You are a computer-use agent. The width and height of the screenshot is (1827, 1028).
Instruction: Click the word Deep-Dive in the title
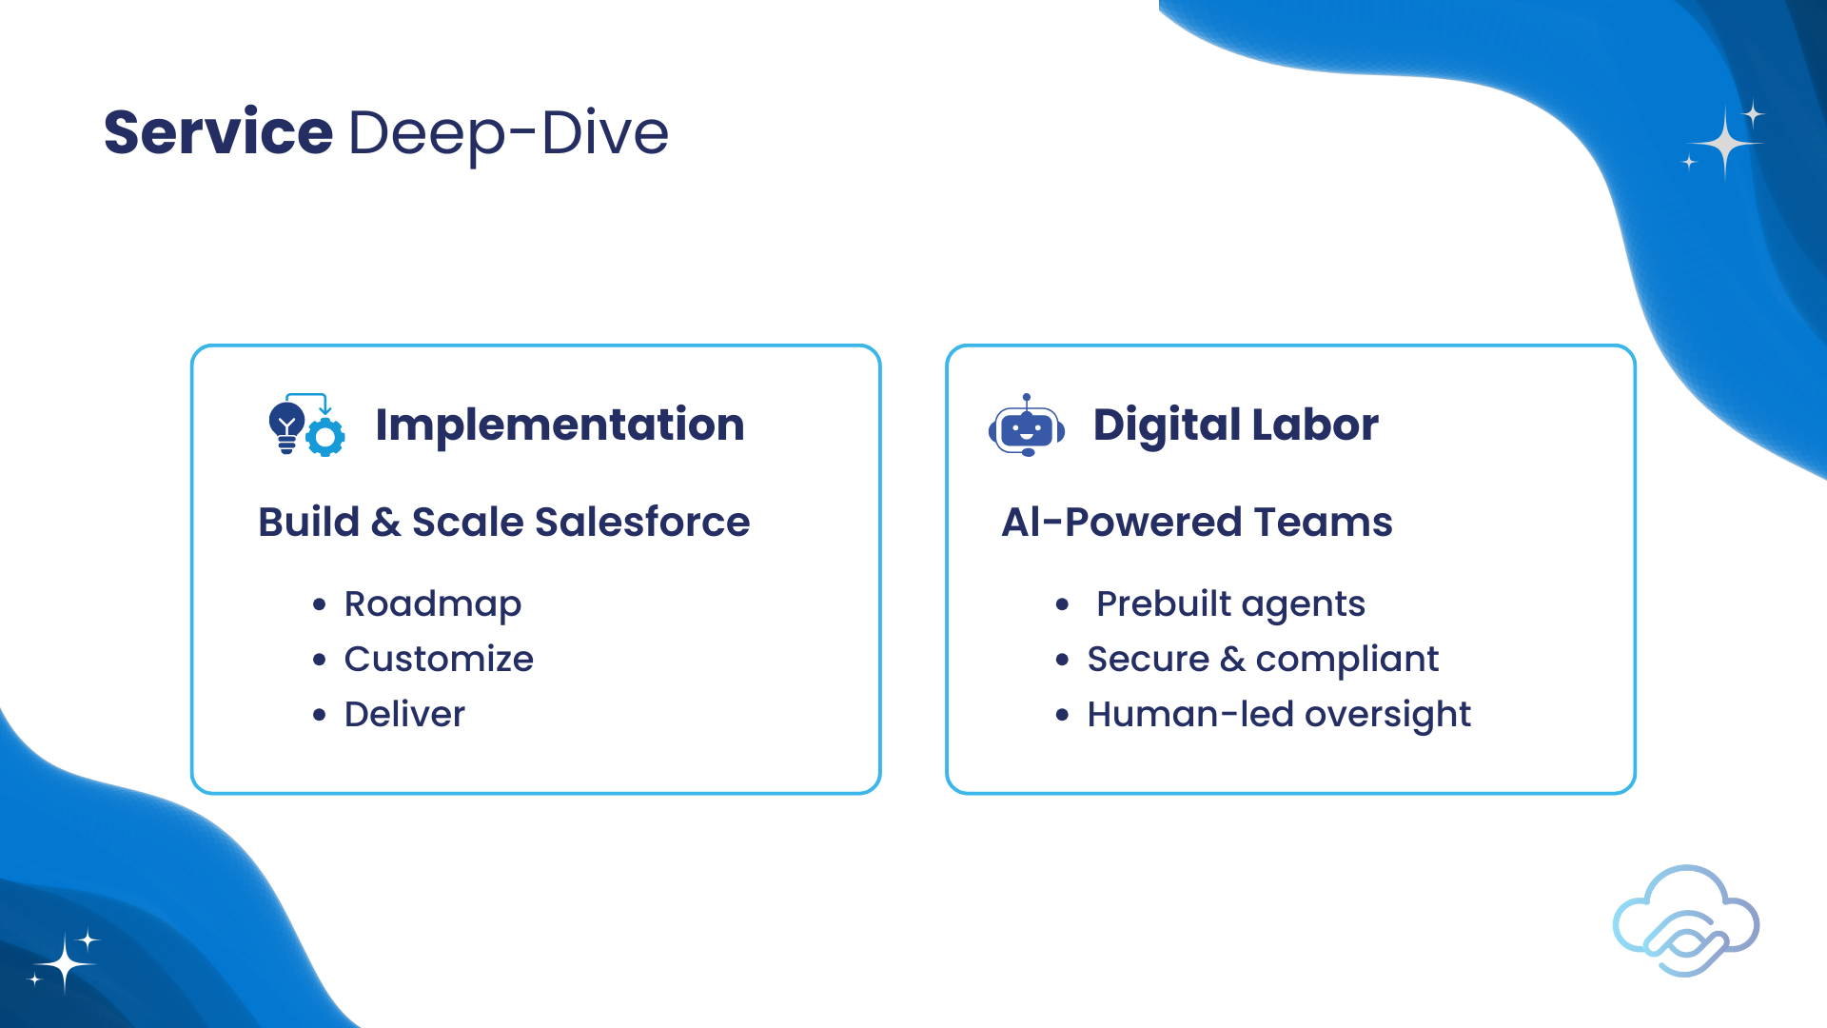point(509,134)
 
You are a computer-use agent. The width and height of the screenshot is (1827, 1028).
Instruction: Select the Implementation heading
point(560,425)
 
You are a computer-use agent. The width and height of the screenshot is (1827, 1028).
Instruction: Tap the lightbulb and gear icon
point(306,425)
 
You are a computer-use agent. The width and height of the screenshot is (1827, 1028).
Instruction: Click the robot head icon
point(1027,425)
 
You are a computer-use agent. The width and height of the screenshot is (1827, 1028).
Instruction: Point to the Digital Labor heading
point(1235,425)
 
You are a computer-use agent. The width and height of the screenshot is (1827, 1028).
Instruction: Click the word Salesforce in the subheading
point(642,522)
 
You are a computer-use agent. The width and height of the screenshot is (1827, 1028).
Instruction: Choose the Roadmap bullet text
point(433,604)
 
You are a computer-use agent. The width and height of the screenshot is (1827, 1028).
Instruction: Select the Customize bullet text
point(439,659)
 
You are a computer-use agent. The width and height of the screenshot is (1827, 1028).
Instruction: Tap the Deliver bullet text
point(404,714)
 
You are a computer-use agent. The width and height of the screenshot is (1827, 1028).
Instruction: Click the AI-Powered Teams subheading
point(1197,522)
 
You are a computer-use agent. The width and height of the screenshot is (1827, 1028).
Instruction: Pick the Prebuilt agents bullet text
point(1230,604)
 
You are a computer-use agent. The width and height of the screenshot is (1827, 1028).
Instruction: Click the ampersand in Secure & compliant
point(1232,659)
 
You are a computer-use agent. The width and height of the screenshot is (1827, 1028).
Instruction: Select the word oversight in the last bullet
point(1387,715)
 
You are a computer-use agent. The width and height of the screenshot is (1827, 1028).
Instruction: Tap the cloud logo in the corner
point(1686,920)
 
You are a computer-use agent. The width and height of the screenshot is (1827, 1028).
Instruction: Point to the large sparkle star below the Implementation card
point(65,964)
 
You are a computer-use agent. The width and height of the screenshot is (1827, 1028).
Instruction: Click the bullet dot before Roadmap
point(320,604)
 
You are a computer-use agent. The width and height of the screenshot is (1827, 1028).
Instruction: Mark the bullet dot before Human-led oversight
point(1063,715)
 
